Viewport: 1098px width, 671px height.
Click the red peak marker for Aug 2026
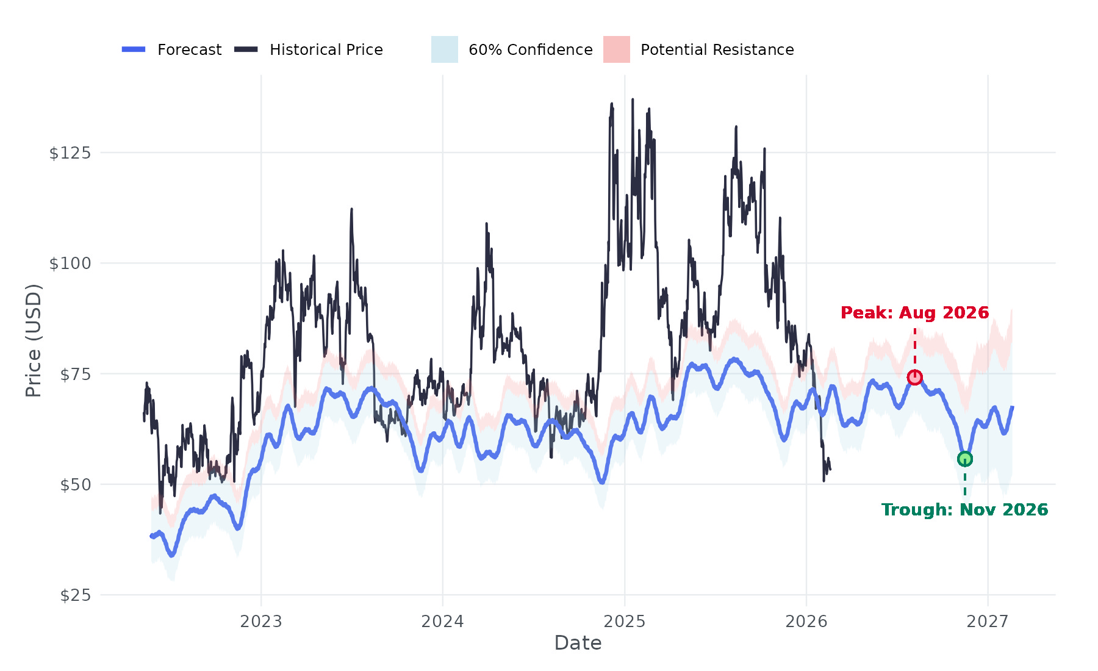(914, 378)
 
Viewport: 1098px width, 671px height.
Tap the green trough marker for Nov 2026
(964, 459)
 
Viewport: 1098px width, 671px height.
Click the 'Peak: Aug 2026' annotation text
(914, 313)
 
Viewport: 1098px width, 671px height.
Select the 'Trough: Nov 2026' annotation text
(964, 510)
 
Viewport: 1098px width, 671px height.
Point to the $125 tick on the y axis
(70, 152)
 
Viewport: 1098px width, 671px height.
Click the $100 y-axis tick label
(70, 264)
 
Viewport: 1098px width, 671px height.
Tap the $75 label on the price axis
(75, 374)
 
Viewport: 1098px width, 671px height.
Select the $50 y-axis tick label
(75, 485)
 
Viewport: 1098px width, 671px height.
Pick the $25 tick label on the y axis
(75, 595)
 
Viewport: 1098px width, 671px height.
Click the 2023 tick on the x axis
(261, 622)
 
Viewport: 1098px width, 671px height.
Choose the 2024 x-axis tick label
(443, 622)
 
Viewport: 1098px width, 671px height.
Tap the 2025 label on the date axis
(625, 622)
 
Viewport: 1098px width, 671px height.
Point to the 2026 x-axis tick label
(806, 622)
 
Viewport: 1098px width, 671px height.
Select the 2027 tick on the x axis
(988, 622)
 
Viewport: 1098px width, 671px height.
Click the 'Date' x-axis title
(578, 643)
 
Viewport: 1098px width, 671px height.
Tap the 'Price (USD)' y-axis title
(34, 340)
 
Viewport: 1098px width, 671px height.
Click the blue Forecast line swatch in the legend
(134, 49)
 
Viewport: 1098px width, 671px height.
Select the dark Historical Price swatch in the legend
(246, 49)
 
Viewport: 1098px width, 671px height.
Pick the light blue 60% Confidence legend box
(445, 49)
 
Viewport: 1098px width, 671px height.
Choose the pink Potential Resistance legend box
(617, 49)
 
